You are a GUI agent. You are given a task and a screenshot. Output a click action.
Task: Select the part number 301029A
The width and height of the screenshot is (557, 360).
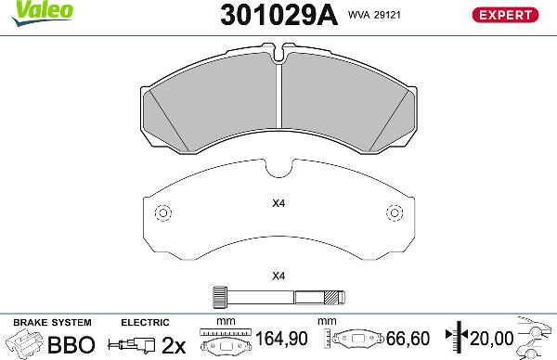pos(278,15)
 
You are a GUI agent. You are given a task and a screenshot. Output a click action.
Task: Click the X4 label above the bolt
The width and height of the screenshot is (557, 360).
pos(278,276)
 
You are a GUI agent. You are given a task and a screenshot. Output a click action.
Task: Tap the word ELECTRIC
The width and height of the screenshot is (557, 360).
pos(144,321)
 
